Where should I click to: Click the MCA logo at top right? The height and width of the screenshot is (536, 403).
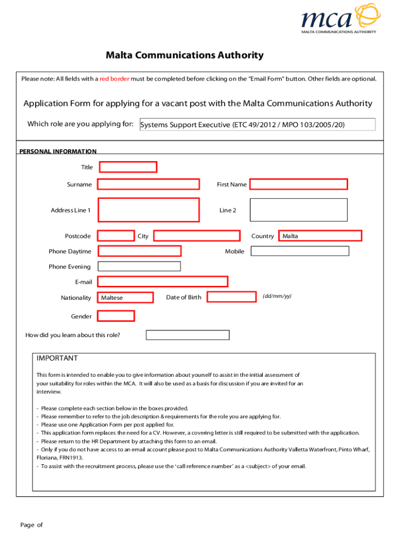pos(338,19)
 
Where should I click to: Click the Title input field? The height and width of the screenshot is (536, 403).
pos(128,167)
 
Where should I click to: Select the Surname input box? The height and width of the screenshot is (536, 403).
pos(149,184)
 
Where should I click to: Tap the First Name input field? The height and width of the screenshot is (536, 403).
pos(298,184)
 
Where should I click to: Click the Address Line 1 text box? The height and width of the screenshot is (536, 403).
pos(149,210)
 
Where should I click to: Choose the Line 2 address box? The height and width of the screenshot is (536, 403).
pos(298,210)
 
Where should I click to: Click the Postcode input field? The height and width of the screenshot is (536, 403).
pos(116,236)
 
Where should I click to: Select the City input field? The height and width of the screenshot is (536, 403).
pos(197,236)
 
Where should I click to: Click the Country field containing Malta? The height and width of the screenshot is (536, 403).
pos(320,236)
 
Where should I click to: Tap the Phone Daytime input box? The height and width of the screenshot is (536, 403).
pos(140,251)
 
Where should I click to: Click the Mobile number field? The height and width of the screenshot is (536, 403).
pos(299,251)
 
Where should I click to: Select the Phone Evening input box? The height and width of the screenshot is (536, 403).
pos(139,266)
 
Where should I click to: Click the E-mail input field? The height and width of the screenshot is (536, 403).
pos(163,282)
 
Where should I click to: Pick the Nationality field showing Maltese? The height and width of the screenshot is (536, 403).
pos(125,297)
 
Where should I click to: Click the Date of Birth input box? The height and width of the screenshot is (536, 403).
pos(233,297)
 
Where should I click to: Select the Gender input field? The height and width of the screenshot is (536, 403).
pos(116,316)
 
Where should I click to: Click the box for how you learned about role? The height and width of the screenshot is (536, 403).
pos(187,335)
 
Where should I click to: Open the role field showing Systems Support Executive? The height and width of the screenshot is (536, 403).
pos(257,125)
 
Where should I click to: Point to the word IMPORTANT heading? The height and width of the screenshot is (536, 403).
pos(57,358)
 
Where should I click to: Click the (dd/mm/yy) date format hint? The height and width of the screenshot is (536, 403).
pos(277,296)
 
